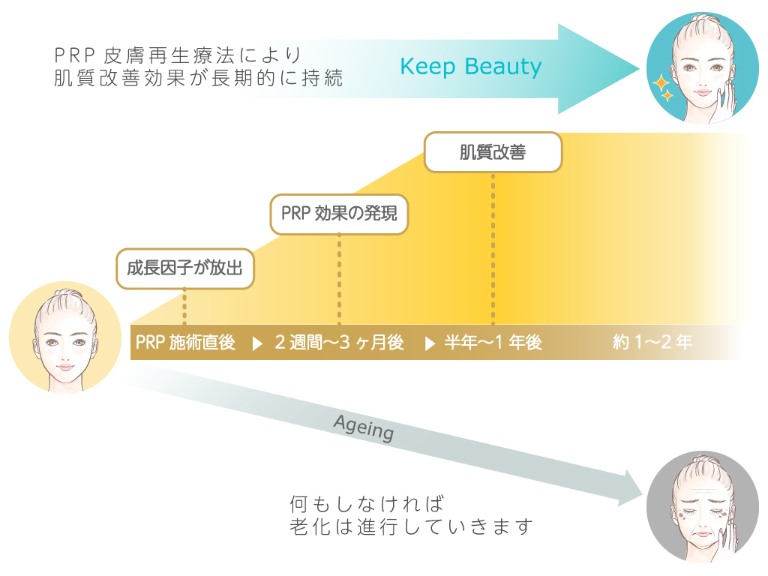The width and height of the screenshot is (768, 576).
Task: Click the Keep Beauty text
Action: [470, 67]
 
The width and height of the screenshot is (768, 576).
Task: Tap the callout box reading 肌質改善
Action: [493, 152]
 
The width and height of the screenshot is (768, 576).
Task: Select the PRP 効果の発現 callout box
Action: [339, 214]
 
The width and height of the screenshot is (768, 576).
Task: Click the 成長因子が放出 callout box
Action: [184, 268]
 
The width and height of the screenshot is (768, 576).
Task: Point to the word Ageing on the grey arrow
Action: [364, 428]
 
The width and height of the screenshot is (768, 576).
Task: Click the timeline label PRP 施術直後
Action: [186, 343]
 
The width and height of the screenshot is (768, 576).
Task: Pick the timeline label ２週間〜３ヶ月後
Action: [339, 343]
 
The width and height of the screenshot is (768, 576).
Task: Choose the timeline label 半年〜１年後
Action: [493, 343]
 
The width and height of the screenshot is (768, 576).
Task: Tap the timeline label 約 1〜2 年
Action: [652, 343]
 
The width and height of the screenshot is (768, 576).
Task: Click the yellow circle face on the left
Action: [65, 337]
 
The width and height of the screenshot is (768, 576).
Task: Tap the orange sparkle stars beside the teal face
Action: [662, 88]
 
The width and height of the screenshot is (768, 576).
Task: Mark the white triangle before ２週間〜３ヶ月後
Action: [257, 343]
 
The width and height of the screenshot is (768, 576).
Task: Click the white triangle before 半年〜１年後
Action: [430, 343]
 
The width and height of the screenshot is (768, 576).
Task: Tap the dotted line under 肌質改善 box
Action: [493, 247]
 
